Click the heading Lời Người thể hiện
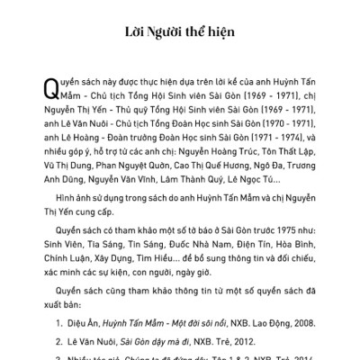[x=179, y=33]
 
